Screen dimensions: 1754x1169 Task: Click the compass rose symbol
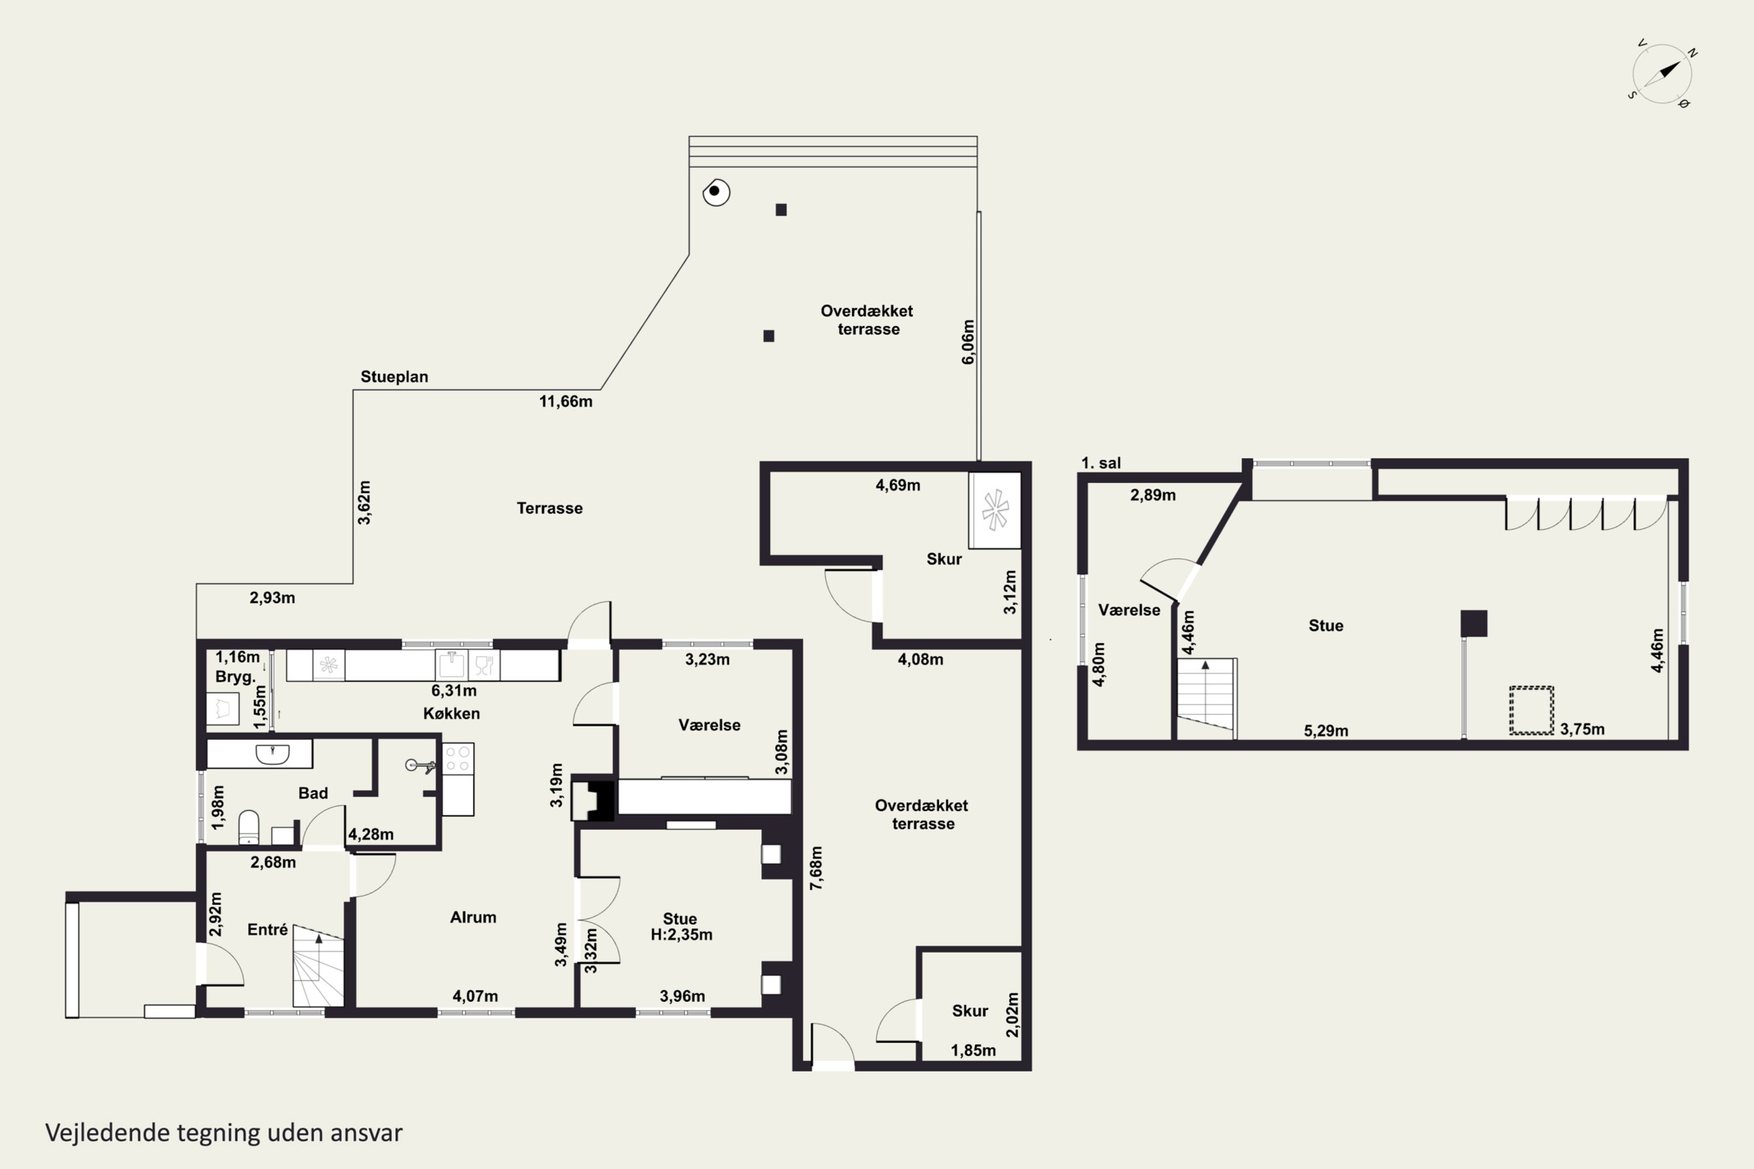(1662, 74)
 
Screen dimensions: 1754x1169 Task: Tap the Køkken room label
(451, 714)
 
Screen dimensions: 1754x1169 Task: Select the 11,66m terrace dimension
(566, 401)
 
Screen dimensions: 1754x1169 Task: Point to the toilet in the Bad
(248, 828)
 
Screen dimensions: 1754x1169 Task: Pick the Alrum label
(473, 917)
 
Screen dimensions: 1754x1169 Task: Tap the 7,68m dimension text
(817, 868)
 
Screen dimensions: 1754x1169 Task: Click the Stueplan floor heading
(395, 376)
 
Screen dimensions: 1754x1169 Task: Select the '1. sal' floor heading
(1102, 463)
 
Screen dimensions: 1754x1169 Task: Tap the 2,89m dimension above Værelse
(1153, 495)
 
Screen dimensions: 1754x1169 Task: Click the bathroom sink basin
(272, 754)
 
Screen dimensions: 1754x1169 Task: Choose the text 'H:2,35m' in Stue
(682, 935)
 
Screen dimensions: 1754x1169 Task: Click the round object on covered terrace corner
(716, 192)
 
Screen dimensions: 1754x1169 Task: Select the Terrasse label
(550, 509)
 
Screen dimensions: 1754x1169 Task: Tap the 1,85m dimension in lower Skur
(973, 1050)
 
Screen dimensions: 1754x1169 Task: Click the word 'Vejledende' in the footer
(108, 1133)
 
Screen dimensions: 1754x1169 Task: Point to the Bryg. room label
(236, 677)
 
